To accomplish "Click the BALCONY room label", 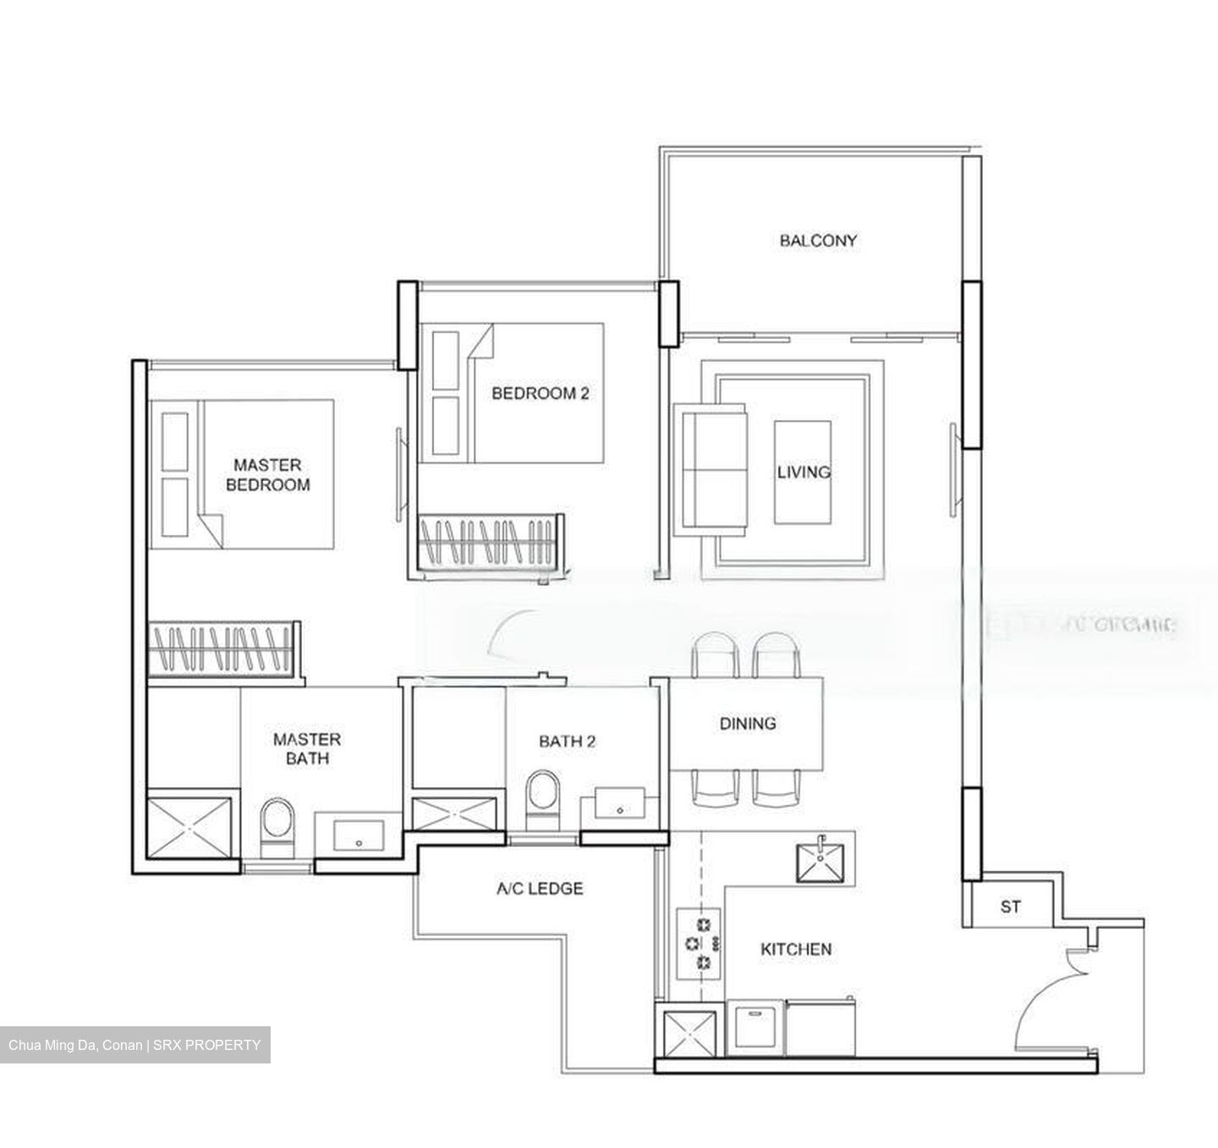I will pos(818,241).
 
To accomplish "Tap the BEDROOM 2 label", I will pos(540,393).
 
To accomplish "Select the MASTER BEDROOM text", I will pos(267,475).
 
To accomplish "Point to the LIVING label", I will pos(804,472).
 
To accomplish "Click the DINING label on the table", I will pos(748,724).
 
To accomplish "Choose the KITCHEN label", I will pos(796,949).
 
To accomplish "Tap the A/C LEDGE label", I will pos(540,888).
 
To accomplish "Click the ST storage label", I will pos(1010,907).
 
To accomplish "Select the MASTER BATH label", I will pos(307,749).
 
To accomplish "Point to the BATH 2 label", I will pos(568,741).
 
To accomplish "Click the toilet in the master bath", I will pos(276,826).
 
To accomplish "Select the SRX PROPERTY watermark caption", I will pos(135,1045).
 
